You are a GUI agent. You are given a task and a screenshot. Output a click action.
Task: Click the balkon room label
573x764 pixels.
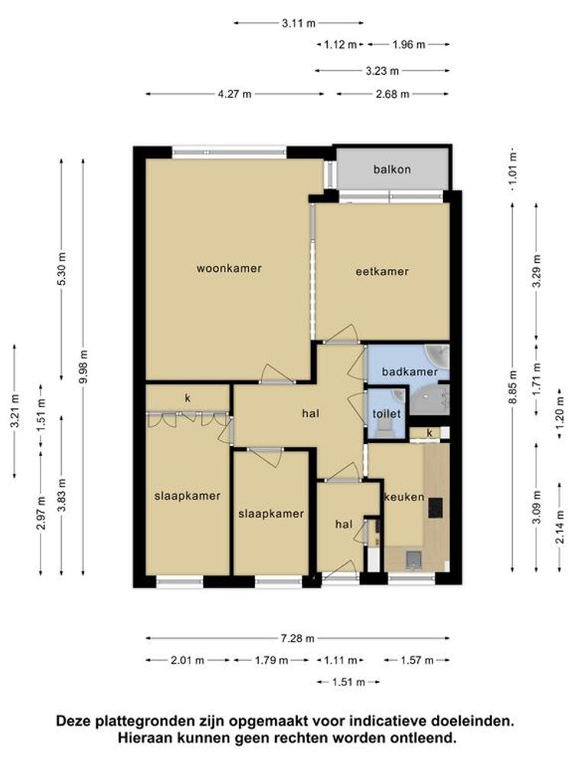pyautogui.click(x=392, y=170)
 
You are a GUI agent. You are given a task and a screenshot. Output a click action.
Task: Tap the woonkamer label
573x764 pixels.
pyautogui.click(x=229, y=268)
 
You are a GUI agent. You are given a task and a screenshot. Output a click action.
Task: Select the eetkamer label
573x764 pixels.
pyautogui.click(x=382, y=271)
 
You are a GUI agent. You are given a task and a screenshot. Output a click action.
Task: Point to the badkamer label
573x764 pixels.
pyautogui.click(x=410, y=372)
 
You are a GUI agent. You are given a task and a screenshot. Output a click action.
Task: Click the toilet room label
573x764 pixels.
pyautogui.click(x=387, y=413)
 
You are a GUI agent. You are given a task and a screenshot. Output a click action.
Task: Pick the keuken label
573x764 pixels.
pyautogui.click(x=404, y=497)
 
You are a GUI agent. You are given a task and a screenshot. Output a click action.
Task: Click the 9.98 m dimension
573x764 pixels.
pyautogui.click(x=83, y=367)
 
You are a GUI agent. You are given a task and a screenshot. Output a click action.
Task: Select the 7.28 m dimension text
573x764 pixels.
pyautogui.click(x=298, y=638)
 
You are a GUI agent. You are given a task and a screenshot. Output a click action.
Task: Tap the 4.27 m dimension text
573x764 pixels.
pyautogui.click(x=235, y=94)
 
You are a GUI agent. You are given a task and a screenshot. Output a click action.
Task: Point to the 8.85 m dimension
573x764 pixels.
pyautogui.click(x=512, y=387)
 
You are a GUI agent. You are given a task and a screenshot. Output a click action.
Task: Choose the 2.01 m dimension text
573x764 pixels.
pyautogui.click(x=187, y=661)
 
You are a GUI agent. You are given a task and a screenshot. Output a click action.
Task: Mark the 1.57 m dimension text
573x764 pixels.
pyautogui.click(x=416, y=661)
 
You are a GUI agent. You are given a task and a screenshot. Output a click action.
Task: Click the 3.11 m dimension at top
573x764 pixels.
pyautogui.click(x=298, y=23)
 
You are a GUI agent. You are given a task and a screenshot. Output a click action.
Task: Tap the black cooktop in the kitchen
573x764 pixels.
pyautogui.click(x=435, y=507)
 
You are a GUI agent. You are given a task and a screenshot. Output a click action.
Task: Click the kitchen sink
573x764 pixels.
pyautogui.click(x=413, y=559)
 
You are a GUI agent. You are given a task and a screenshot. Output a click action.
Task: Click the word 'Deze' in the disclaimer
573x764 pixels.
pyautogui.click(x=75, y=720)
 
